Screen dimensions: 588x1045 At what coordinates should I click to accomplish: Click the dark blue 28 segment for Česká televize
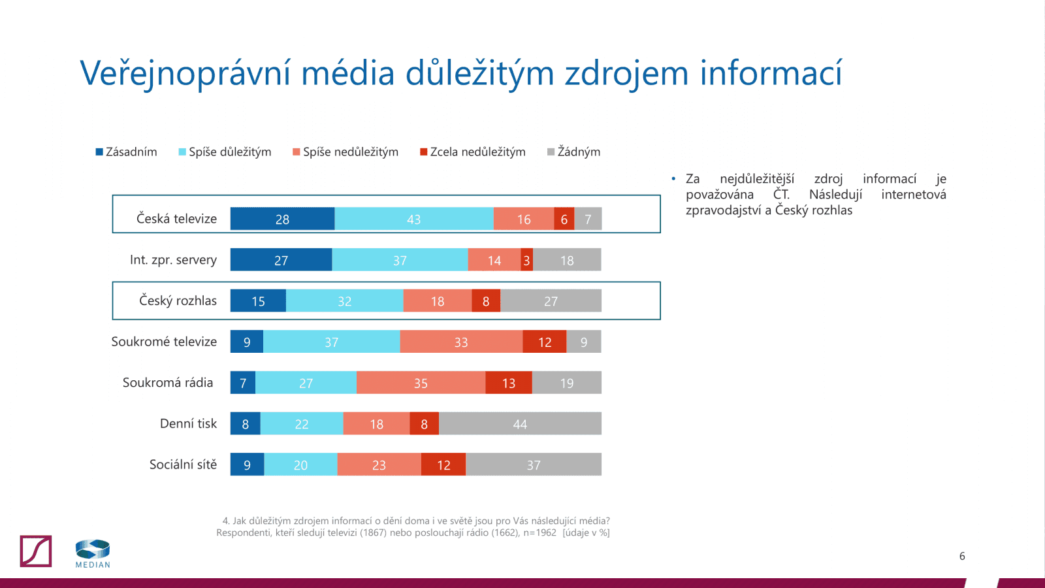pyautogui.click(x=282, y=219)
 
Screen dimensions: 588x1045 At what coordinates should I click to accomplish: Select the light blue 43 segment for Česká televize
pyautogui.click(x=413, y=219)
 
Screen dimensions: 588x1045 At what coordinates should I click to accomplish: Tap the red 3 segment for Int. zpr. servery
pyautogui.click(x=526, y=260)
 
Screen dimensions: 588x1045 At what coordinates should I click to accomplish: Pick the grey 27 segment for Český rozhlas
pyautogui.click(x=551, y=301)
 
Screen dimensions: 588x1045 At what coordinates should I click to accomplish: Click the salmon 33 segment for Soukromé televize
pyautogui.click(x=461, y=342)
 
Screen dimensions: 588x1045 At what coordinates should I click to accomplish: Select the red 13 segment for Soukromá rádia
pyautogui.click(x=509, y=383)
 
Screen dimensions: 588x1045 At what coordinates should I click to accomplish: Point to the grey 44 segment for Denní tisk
pyautogui.click(x=520, y=423)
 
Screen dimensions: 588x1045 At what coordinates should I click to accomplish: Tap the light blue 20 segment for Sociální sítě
pyautogui.click(x=300, y=465)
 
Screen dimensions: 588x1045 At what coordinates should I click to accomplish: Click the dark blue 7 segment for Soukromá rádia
pyautogui.click(x=243, y=383)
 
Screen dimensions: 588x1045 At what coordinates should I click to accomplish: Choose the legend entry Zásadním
pyautogui.click(x=127, y=152)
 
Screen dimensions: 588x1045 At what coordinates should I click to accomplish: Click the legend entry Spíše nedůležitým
pyautogui.click(x=346, y=152)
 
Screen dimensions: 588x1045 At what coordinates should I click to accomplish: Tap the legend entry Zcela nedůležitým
pyautogui.click(x=473, y=152)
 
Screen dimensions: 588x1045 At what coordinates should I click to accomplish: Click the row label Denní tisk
pyautogui.click(x=188, y=423)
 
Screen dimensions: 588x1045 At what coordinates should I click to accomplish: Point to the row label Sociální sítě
pyautogui.click(x=183, y=465)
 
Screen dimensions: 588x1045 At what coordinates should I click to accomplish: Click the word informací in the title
pyautogui.click(x=771, y=73)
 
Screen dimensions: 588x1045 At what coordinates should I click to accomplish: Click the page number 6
pyautogui.click(x=962, y=556)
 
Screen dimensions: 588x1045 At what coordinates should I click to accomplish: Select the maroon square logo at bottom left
pyautogui.click(x=36, y=551)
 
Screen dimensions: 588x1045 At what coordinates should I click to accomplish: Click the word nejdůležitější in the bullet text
pyautogui.click(x=757, y=179)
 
